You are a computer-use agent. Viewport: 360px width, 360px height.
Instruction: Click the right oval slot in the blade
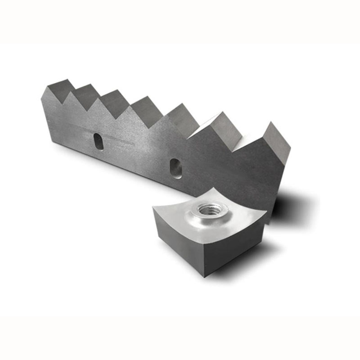point(176,168)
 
